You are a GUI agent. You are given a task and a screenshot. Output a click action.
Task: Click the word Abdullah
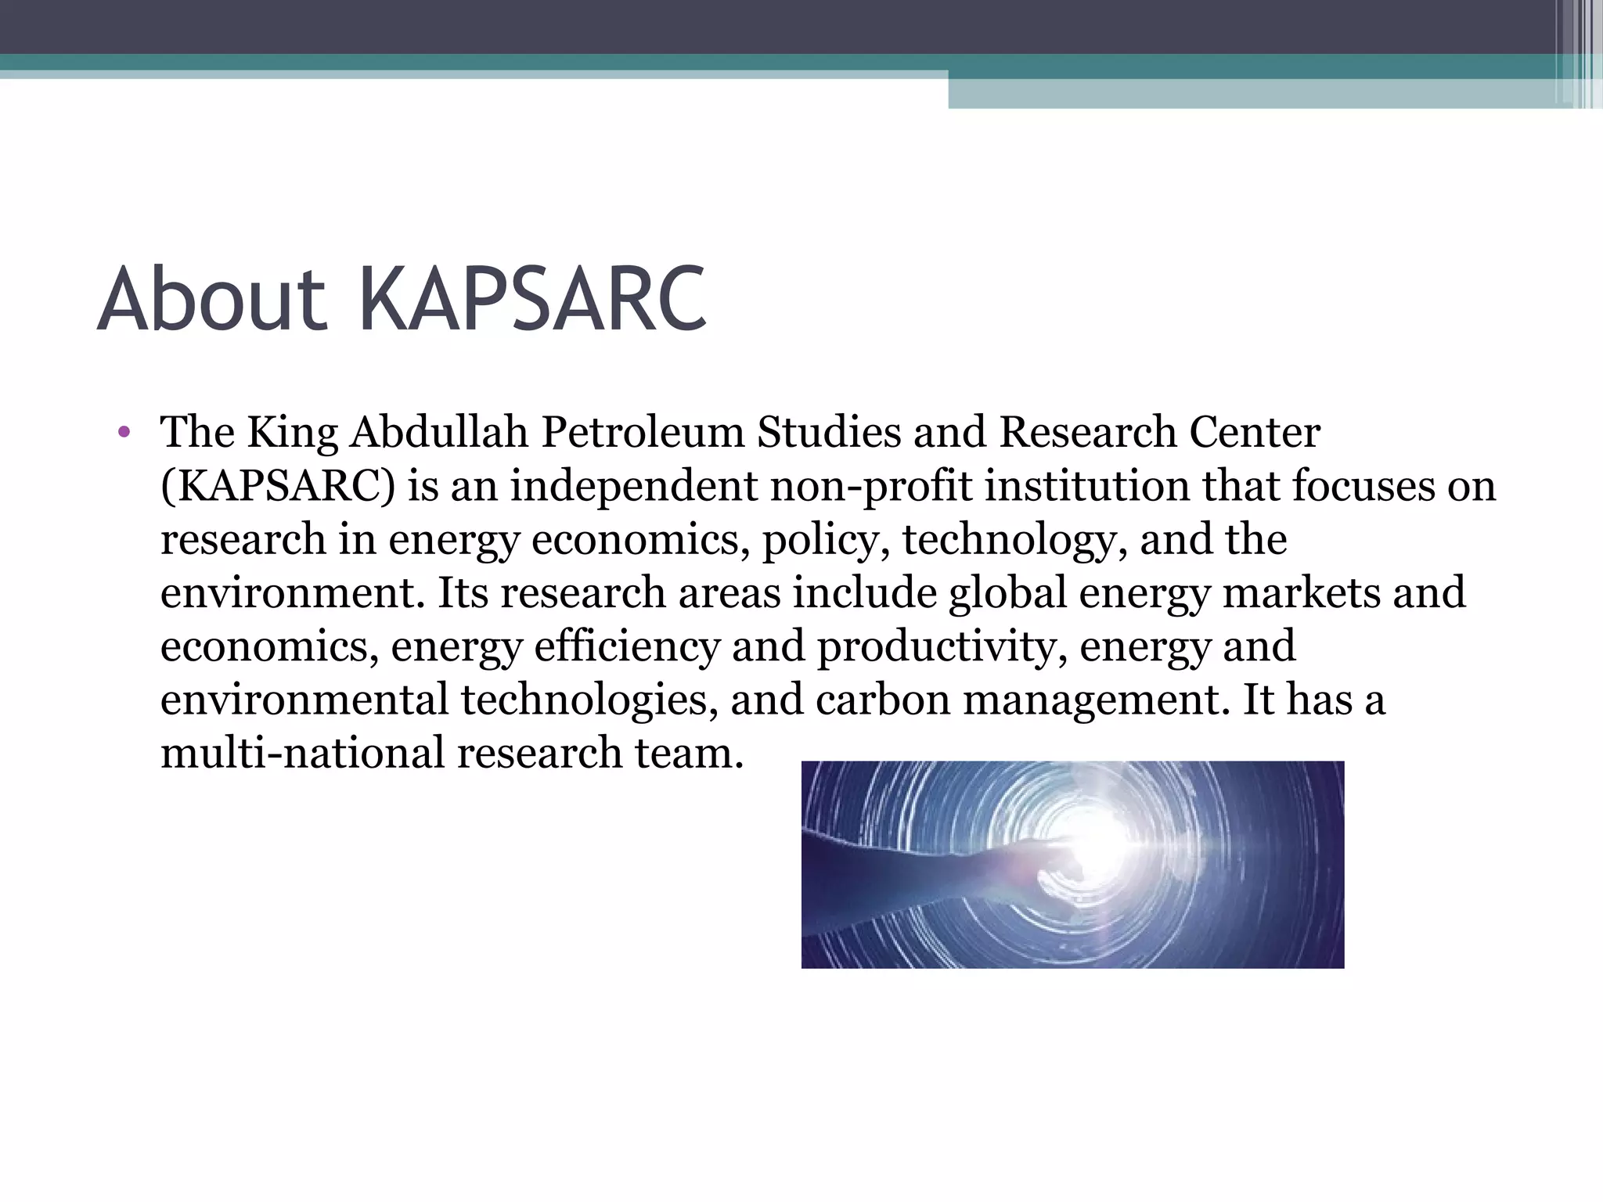[439, 433]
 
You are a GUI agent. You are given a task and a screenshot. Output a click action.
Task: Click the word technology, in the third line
[1015, 540]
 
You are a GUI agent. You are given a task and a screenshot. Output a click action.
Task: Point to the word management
[1091, 700]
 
